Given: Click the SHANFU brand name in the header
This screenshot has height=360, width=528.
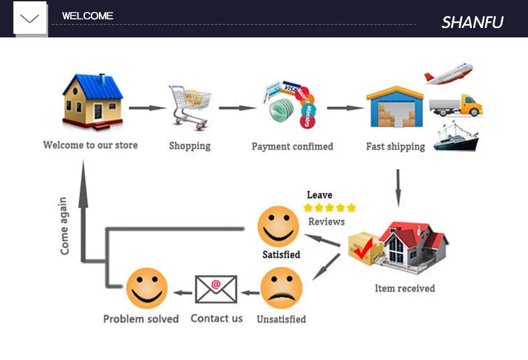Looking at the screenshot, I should click(x=472, y=22).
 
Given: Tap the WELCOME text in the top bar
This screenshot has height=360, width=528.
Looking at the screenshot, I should click(x=88, y=16).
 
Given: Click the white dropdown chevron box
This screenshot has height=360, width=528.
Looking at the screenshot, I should click(x=30, y=18).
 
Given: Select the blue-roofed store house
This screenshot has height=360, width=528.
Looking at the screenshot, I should click(x=93, y=101).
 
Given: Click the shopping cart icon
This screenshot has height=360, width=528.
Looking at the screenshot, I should click(x=190, y=106).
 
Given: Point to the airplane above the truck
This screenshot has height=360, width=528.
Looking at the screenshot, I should click(x=448, y=73).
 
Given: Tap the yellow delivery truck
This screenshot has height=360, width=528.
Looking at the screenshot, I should click(x=455, y=106).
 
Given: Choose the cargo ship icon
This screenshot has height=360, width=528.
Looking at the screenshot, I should click(x=456, y=136).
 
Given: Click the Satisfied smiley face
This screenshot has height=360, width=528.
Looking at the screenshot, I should click(x=279, y=226).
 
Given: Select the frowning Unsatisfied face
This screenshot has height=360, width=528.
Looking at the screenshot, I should click(x=281, y=288).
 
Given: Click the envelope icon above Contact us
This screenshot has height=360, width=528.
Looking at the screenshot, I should click(x=216, y=289).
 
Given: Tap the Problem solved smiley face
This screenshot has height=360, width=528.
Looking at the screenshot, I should click(x=147, y=288).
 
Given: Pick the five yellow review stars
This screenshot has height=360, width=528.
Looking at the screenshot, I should click(x=329, y=208).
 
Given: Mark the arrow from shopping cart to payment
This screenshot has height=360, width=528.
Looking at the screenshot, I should click(x=237, y=108).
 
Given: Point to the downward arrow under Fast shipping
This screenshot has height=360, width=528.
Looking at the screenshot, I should click(x=398, y=187).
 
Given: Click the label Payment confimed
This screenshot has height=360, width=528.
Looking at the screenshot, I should click(x=292, y=146).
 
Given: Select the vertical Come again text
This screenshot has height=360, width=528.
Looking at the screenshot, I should click(x=64, y=225).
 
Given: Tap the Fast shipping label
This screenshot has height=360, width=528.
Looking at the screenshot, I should click(x=395, y=146).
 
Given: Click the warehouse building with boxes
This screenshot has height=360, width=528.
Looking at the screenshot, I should click(x=394, y=109).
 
